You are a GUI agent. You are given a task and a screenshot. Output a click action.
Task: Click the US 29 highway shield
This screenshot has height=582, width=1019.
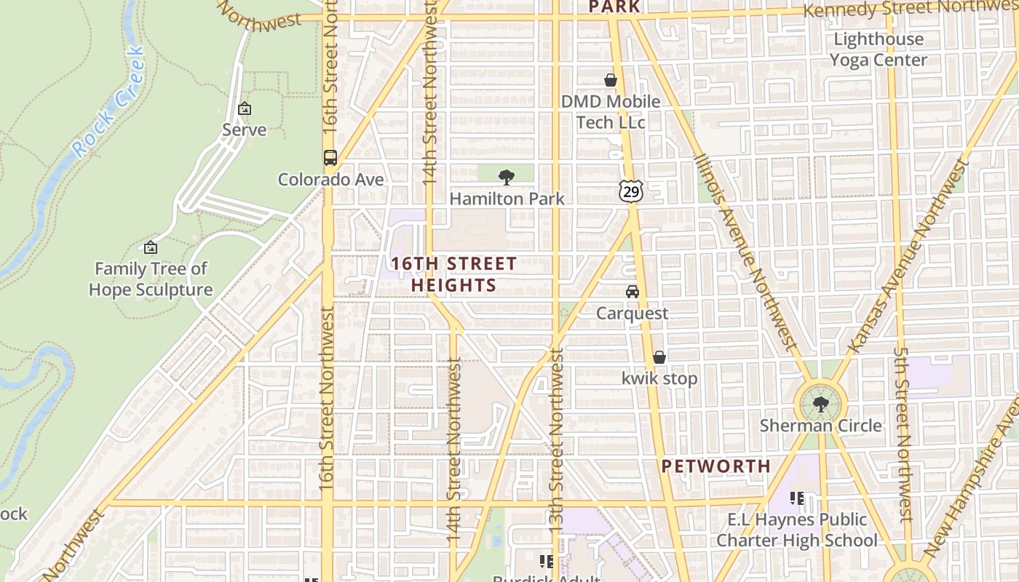(630, 191)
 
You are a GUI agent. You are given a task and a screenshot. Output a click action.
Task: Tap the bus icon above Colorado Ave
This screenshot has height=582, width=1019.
(330, 157)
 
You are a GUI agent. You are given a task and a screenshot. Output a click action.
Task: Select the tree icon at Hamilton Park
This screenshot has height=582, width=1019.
(506, 177)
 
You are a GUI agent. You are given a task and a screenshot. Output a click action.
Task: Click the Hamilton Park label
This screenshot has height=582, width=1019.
(507, 199)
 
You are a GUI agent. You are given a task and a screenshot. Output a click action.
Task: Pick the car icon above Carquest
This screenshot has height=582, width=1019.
(632, 292)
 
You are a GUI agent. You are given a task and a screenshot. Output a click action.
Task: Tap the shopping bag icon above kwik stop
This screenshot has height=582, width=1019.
(659, 357)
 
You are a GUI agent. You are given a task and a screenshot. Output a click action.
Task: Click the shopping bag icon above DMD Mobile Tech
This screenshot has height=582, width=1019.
(610, 80)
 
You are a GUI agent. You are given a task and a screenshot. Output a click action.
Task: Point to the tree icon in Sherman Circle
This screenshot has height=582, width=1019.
(820, 403)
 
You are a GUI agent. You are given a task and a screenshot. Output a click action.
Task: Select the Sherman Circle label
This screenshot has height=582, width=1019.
(820, 425)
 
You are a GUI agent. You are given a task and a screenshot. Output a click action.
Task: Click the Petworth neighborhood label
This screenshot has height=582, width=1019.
(716, 466)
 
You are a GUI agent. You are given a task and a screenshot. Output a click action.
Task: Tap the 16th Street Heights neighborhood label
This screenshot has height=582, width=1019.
(453, 274)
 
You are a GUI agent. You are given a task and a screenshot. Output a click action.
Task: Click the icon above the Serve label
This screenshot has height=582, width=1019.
(245, 108)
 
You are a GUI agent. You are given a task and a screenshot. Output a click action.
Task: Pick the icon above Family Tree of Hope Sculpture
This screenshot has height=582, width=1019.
(151, 247)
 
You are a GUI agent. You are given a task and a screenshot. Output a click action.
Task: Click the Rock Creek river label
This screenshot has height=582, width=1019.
(109, 102)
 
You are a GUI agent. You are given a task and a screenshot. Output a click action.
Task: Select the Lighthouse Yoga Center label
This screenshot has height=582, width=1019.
(879, 49)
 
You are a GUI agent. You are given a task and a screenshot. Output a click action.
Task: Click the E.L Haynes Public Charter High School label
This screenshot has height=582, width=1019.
(797, 530)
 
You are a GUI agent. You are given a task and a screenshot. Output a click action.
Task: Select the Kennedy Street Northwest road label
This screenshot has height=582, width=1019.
(910, 9)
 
